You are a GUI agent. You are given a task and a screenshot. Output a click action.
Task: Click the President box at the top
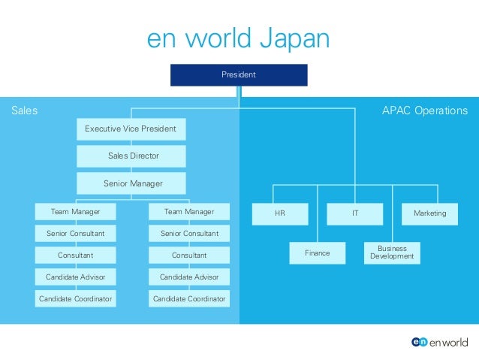(239, 75)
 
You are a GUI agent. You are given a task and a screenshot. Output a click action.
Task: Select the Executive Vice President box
(131, 129)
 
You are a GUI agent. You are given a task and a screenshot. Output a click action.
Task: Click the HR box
(280, 213)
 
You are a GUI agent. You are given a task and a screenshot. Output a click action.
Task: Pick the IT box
(355, 213)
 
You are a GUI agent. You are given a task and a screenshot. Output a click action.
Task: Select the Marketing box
(429, 213)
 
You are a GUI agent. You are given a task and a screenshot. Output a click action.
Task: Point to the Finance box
(317, 253)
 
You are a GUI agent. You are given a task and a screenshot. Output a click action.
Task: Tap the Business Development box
(392, 253)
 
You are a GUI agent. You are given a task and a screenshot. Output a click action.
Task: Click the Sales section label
(24, 110)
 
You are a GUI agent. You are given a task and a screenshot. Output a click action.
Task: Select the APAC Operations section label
(424, 110)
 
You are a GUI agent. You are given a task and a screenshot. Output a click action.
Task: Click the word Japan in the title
(294, 40)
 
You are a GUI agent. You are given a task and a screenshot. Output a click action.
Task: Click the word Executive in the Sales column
(103, 129)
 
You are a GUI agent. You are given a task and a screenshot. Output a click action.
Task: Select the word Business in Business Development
(392, 249)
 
